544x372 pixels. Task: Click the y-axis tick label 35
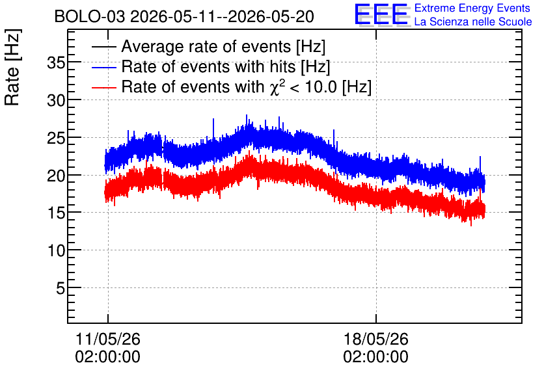[56, 63]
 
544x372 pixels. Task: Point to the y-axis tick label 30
[56, 101]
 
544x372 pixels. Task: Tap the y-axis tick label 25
[56, 139]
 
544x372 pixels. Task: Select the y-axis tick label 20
[56, 176]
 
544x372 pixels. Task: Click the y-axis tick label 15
[56, 213]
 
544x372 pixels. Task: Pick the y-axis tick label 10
[56, 250]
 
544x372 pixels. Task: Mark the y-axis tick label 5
[61, 288]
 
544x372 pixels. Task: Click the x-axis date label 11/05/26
[107, 339]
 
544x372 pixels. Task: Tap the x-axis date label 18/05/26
[375, 339]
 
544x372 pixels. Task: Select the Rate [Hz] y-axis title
[12, 67]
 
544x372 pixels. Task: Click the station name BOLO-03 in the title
[90, 16]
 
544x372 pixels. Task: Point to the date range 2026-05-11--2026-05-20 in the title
[222, 16]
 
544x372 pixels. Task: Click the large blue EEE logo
[381, 14]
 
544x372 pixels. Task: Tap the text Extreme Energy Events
[472, 8]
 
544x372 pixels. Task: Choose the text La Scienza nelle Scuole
[473, 21]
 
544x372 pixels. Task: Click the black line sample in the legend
[103, 47]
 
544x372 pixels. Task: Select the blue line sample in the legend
[103, 67]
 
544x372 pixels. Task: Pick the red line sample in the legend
[103, 87]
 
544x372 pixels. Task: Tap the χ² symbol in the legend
[277, 87]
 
